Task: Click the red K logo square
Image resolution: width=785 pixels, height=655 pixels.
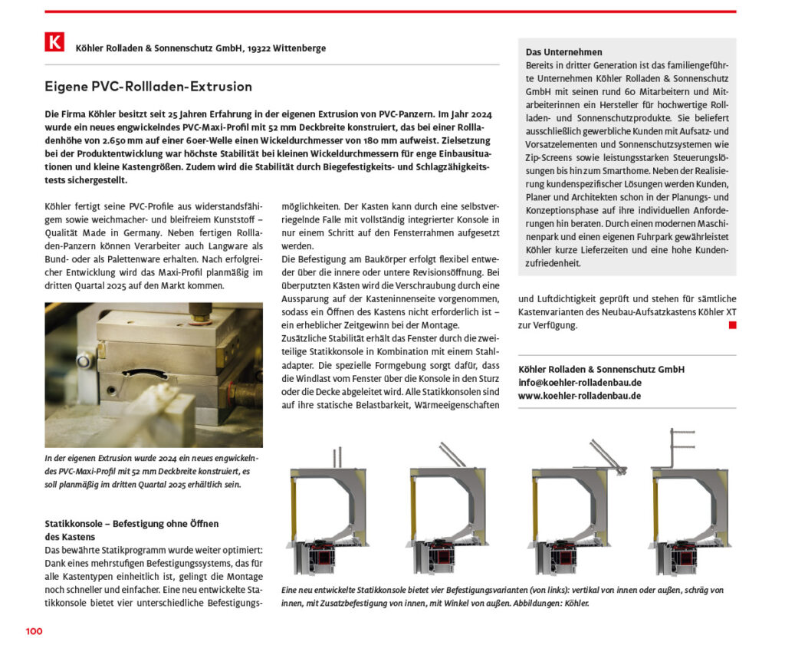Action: pyautogui.click(x=54, y=42)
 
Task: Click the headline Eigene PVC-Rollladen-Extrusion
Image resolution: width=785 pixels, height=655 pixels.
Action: pyautogui.click(x=148, y=87)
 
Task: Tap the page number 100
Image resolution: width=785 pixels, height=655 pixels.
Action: pyautogui.click(x=34, y=631)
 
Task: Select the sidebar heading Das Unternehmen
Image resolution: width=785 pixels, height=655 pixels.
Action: pyautogui.click(x=564, y=52)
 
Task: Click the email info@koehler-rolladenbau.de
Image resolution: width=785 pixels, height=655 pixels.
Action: pyautogui.click(x=580, y=382)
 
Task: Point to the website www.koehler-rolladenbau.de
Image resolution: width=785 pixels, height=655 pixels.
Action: pyautogui.click(x=580, y=396)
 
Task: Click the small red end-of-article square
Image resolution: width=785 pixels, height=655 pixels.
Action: pyautogui.click(x=732, y=325)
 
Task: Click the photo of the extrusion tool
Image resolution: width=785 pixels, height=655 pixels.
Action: pyautogui.click(x=153, y=375)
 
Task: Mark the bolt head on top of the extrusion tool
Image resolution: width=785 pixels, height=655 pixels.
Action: pyautogui.click(x=202, y=310)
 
